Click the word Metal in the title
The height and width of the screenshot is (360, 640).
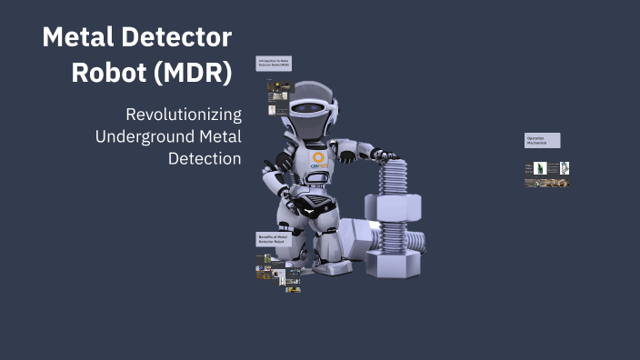(80, 38)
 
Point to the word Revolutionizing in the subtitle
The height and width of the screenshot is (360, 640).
(184, 115)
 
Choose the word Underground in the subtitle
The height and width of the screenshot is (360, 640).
(143, 136)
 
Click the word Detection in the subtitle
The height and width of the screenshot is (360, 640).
(205, 158)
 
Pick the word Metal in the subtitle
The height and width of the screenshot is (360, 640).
(219, 136)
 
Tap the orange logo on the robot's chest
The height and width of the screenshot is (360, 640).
(318, 157)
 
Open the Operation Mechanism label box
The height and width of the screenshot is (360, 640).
(542, 140)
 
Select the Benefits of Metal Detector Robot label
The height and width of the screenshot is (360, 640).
(275, 239)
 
